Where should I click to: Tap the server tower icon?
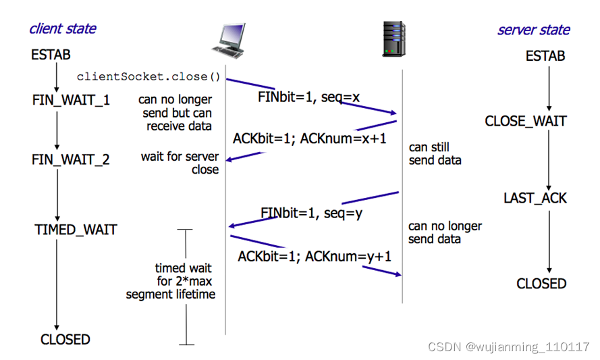[393, 38]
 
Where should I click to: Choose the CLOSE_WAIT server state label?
[526, 122]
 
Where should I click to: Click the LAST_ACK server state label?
[535, 199]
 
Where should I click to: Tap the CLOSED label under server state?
[541, 284]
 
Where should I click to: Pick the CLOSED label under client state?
[65, 339]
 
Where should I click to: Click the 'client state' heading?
[62, 29]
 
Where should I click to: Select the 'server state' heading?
[533, 30]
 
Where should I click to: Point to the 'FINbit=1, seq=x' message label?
[309, 97]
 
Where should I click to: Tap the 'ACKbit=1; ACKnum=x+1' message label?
[310, 138]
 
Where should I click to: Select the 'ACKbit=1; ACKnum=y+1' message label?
[315, 257]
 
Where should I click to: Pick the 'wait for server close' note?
[180, 163]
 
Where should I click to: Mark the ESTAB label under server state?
[545, 56]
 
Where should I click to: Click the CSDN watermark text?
[509, 346]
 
